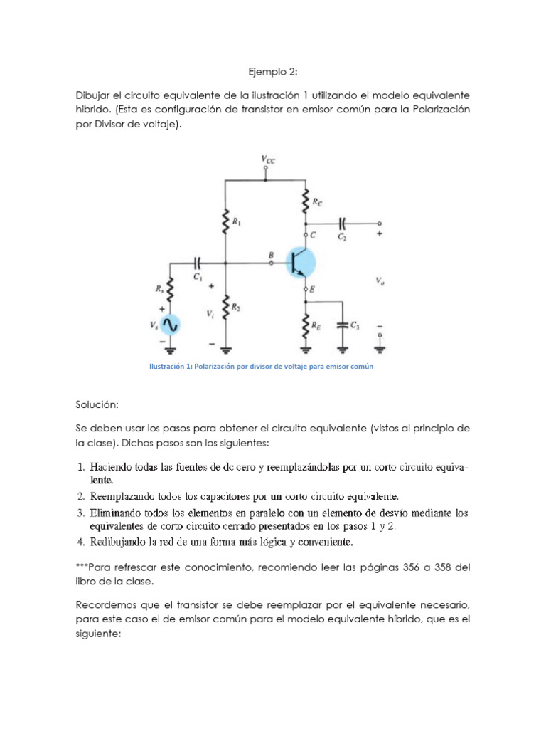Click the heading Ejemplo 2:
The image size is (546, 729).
click(x=273, y=71)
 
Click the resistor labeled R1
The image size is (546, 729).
click(x=225, y=221)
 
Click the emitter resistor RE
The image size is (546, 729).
click(x=306, y=324)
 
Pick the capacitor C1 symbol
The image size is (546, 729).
click(x=198, y=262)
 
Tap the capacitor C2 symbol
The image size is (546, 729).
click(x=343, y=223)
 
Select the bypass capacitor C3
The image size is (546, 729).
click(x=343, y=325)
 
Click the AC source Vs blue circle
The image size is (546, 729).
click(x=169, y=325)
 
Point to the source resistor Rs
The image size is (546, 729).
click(x=169, y=289)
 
